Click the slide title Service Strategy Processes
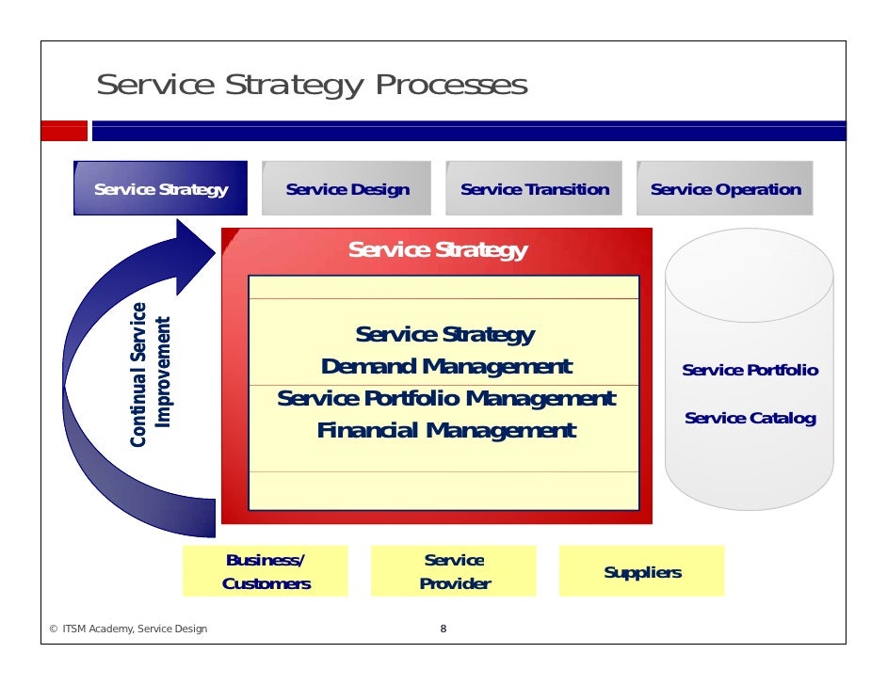(x=312, y=86)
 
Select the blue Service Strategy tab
(x=161, y=189)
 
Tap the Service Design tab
(x=347, y=189)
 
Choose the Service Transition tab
(x=534, y=189)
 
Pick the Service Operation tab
(x=725, y=189)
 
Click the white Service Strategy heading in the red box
(x=437, y=250)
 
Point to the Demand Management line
(x=445, y=366)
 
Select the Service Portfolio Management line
(x=445, y=399)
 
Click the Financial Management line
(x=445, y=431)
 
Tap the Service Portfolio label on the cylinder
(x=750, y=370)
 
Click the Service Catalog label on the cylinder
(x=750, y=418)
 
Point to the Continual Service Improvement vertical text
(x=151, y=374)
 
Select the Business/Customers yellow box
(x=266, y=571)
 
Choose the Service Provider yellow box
(x=454, y=571)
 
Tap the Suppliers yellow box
(x=642, y=572)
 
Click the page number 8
(x=443, y=629)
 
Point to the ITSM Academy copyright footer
(x=128, y=629)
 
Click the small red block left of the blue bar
(x=64, y=131)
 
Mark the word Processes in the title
(x=451, y=86)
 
